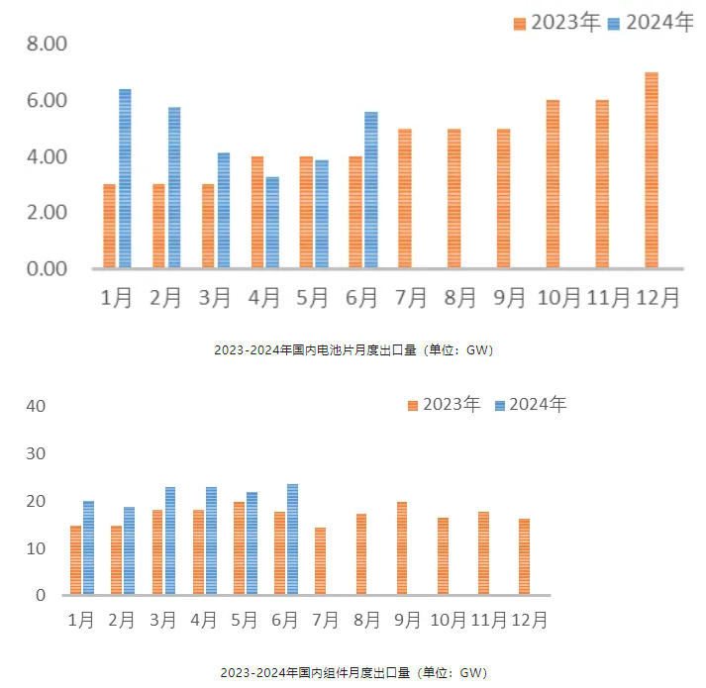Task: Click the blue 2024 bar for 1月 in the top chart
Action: coord(125,178)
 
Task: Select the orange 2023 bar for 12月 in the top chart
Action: coord(651,170)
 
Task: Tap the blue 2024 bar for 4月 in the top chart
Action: coord(272,223)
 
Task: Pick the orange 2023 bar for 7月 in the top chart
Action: coord(404,198)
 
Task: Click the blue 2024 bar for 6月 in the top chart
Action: coord(371,189)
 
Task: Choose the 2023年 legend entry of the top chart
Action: coord(556,23)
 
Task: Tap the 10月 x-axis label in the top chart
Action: coord(558,298)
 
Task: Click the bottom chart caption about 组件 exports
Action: coord(353,673)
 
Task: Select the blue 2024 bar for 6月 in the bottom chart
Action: coord(292,540)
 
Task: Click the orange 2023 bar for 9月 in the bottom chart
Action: coord(402,548)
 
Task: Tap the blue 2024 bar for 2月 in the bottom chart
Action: coord(130,551)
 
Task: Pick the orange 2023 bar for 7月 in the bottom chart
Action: coord(320,561)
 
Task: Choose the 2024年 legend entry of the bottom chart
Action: coord(531,404)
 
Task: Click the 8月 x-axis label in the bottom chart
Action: coord(366,621)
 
